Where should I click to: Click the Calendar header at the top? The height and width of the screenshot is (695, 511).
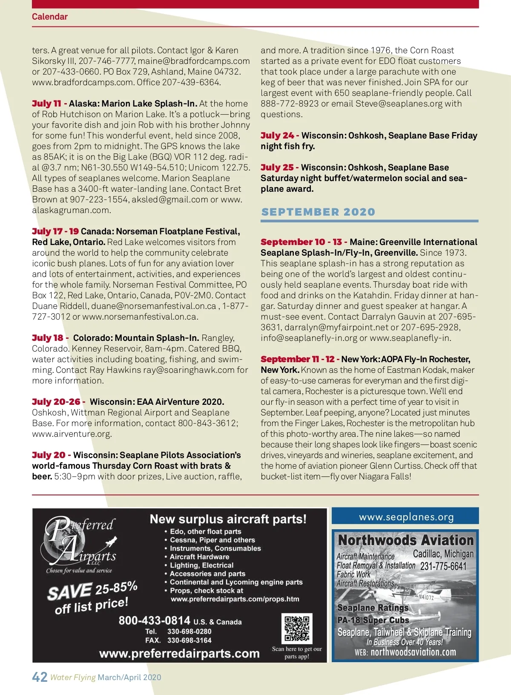coord(50,17)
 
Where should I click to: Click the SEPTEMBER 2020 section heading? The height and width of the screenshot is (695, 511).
coord(318,212)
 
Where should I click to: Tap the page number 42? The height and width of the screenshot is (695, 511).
coord(40,677)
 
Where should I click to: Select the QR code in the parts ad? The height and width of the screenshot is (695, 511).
coord(297,628)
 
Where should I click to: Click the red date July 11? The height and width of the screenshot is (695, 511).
coord(46,104)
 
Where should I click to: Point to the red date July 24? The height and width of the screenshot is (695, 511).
coord(277,136)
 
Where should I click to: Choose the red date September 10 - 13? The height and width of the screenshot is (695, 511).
coord(301,242)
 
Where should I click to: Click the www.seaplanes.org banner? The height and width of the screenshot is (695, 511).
coord(406,517)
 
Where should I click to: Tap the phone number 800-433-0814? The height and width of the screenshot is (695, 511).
coord(154,620)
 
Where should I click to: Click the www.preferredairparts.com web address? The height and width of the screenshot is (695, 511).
coord(179,653)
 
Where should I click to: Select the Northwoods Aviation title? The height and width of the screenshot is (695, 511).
coord(405,540)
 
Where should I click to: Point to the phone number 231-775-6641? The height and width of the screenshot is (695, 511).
coord(443,566)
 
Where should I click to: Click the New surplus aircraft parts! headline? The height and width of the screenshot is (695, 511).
coord(228,519)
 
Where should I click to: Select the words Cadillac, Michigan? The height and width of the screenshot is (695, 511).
coord(443,554)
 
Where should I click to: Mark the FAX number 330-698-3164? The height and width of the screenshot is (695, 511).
coord(189,640)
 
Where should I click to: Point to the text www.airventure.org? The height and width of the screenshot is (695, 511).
coord(72,434)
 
